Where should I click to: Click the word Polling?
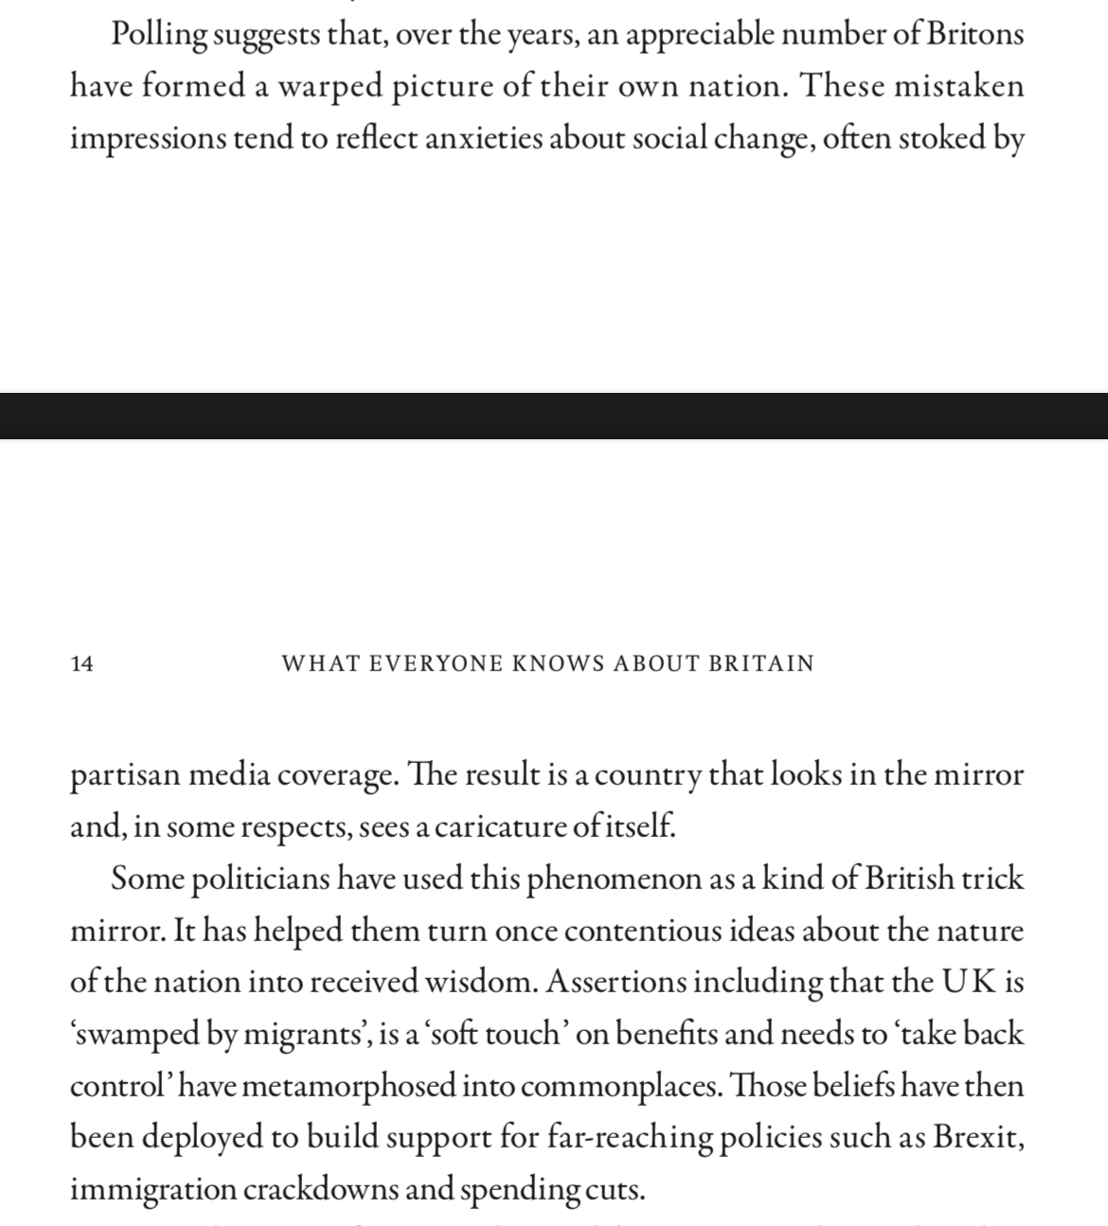159,35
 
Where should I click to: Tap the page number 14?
82,664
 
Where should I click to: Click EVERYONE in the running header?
436,664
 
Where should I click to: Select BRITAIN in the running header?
761,664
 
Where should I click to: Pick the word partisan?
125,775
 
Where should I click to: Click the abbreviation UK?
968,982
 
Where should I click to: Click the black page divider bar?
554,417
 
